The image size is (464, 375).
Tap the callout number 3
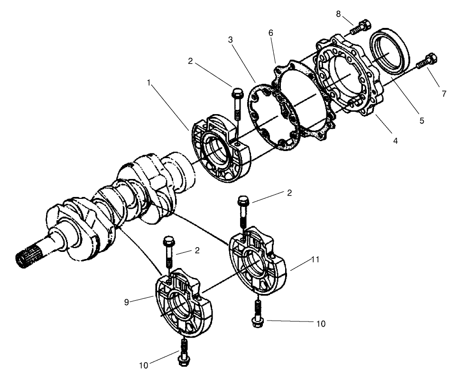point(230,40)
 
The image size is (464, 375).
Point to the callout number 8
point(338,14)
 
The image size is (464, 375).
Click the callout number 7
point(444,94)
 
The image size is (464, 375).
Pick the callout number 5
point(421,121)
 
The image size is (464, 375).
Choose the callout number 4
point(395,141)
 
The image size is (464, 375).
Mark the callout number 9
point(126,302)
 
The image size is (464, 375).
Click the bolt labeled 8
point(360,27)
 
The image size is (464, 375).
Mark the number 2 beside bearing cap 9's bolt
point(196,250)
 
